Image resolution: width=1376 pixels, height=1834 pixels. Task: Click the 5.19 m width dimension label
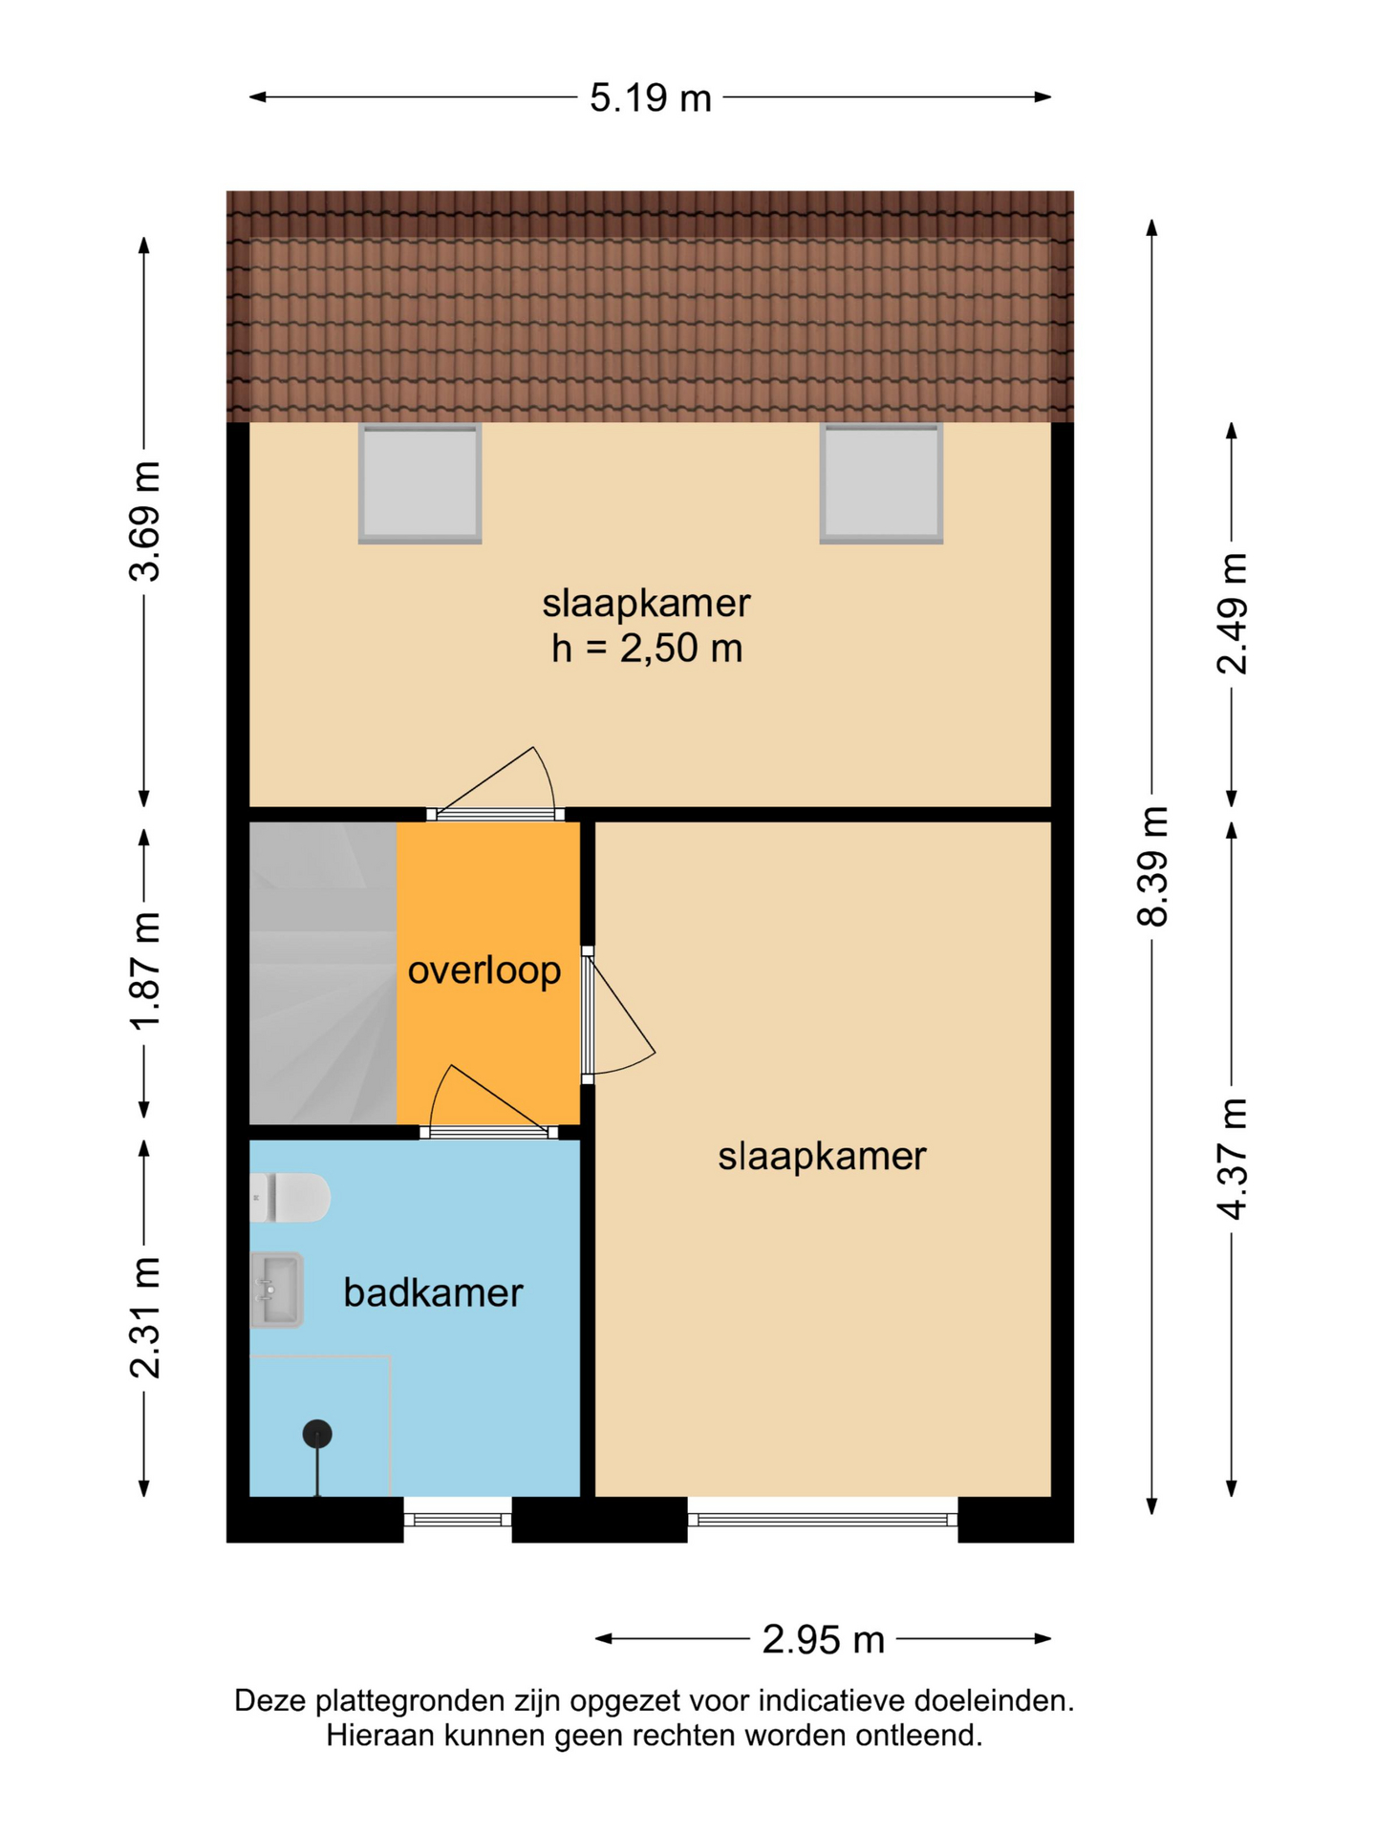(x=650, y=97)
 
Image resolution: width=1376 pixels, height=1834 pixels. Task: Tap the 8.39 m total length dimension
(x=1153, y=865)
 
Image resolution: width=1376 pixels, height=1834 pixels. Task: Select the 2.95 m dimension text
(x=823, y=1639)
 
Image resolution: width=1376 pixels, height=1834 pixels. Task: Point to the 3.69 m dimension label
(x=145, y=521)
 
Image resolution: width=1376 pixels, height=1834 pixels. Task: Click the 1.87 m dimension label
(x=145, y=970)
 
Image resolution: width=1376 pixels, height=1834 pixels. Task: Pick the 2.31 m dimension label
(x=145, y=1318)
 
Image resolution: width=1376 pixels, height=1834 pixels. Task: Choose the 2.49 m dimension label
(x=1233, y=613)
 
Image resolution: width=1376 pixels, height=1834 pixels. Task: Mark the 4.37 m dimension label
(x=1233, y=1159)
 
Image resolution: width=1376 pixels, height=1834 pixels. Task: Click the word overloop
(x=484, y=970)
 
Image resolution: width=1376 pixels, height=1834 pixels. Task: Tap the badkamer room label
(x=433, y=1292)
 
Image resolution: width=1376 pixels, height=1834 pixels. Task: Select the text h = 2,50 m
(x=647, y=649)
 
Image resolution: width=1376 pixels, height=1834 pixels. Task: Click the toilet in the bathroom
(x=290, y=1198)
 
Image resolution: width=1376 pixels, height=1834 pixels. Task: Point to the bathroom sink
(x=277, y=1290)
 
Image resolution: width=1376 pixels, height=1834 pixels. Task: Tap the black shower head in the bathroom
(x=317, y=1434)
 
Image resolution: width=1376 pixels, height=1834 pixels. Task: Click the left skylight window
(x=419, y=483)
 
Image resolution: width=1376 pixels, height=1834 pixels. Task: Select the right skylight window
(x=881, y=483)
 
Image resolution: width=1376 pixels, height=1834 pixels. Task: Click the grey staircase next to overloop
(x=323, y=972)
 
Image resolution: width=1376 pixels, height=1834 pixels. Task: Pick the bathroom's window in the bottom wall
(x=458, y=1519)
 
